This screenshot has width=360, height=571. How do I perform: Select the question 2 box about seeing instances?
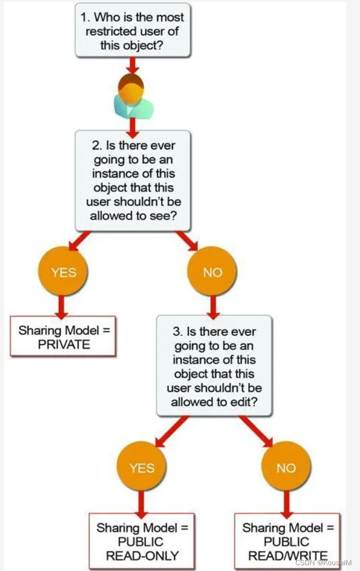tap(132, 180)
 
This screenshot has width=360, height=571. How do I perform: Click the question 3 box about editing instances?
tap(214, 365)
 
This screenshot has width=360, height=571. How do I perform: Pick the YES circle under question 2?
tap(63, 272)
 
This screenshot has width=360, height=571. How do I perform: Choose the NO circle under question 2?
tap(212, 272)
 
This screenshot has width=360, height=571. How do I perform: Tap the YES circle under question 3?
tap(141, 468)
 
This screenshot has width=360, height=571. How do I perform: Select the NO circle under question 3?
tap(286, 468)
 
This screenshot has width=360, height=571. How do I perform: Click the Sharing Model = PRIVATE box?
tap(63, 337)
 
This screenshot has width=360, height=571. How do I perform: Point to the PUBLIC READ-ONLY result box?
tap(142, 542)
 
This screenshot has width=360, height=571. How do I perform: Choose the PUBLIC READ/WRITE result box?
tap(287, 542)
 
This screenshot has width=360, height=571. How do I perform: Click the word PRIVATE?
tap(63, 344)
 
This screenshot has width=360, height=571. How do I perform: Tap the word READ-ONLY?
tap(142, 556)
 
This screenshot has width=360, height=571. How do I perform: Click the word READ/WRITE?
tap(287, 556)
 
